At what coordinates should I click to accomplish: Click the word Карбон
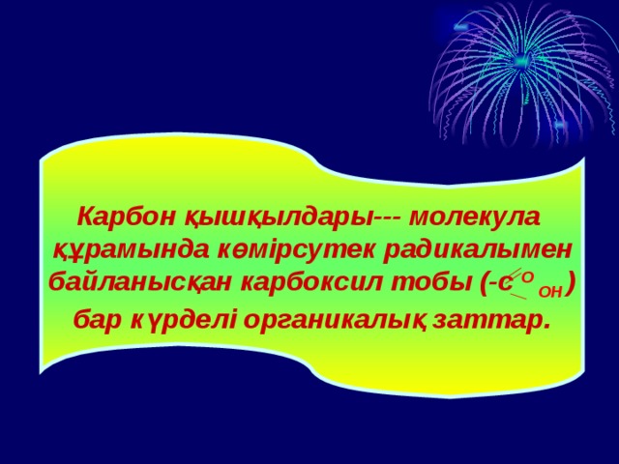click(x=112, y=215)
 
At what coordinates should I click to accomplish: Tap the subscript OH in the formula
click(x=549, y=290)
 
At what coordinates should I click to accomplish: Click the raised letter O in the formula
click(x=528, y=276)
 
